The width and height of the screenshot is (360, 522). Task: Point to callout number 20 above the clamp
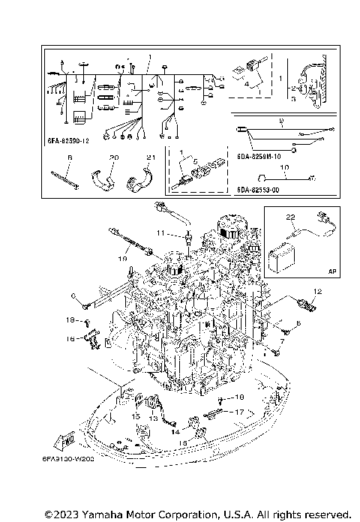(115, 157)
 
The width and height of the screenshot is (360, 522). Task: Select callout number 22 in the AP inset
(289, 217)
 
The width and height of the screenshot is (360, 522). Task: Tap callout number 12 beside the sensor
(317, 291)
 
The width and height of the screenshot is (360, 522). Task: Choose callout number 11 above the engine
(160, 234)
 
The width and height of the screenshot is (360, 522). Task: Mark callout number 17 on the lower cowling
(239, 412)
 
